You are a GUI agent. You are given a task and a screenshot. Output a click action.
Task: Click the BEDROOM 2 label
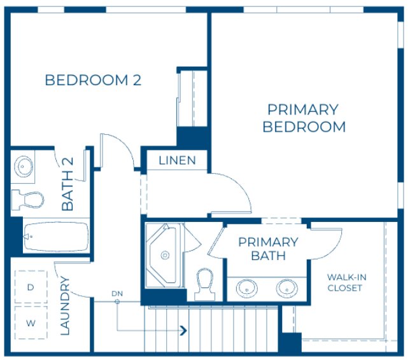tap(93, 81)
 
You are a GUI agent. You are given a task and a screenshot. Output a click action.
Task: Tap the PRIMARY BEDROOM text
tap(304, 118)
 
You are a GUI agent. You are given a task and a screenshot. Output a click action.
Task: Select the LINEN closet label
tap(177, 160)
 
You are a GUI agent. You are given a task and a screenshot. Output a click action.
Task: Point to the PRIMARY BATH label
tap(267, 249)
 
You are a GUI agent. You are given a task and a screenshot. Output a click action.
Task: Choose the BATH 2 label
tap(67, 184)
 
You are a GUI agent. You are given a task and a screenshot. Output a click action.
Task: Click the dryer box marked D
tap(30, 287)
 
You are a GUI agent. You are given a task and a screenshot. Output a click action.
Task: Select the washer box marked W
tap(30, 322)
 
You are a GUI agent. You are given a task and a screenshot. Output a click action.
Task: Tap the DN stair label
tap(117, 293)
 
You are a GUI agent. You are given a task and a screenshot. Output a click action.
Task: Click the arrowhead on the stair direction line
tap(184, 330)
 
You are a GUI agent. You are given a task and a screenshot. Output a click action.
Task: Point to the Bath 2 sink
tap(24, 167)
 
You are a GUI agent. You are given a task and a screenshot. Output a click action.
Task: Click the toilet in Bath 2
tap(28, 200)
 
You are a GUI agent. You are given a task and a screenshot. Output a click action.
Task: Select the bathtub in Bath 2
tap(55, 237)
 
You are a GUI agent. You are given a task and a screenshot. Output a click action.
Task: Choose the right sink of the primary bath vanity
tap(286, 289)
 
